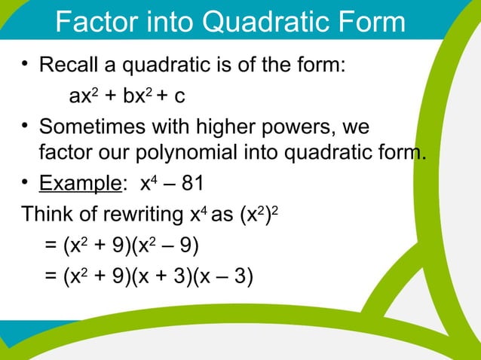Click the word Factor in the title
[x=94, y=23]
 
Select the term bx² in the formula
[x=133, y=96]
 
